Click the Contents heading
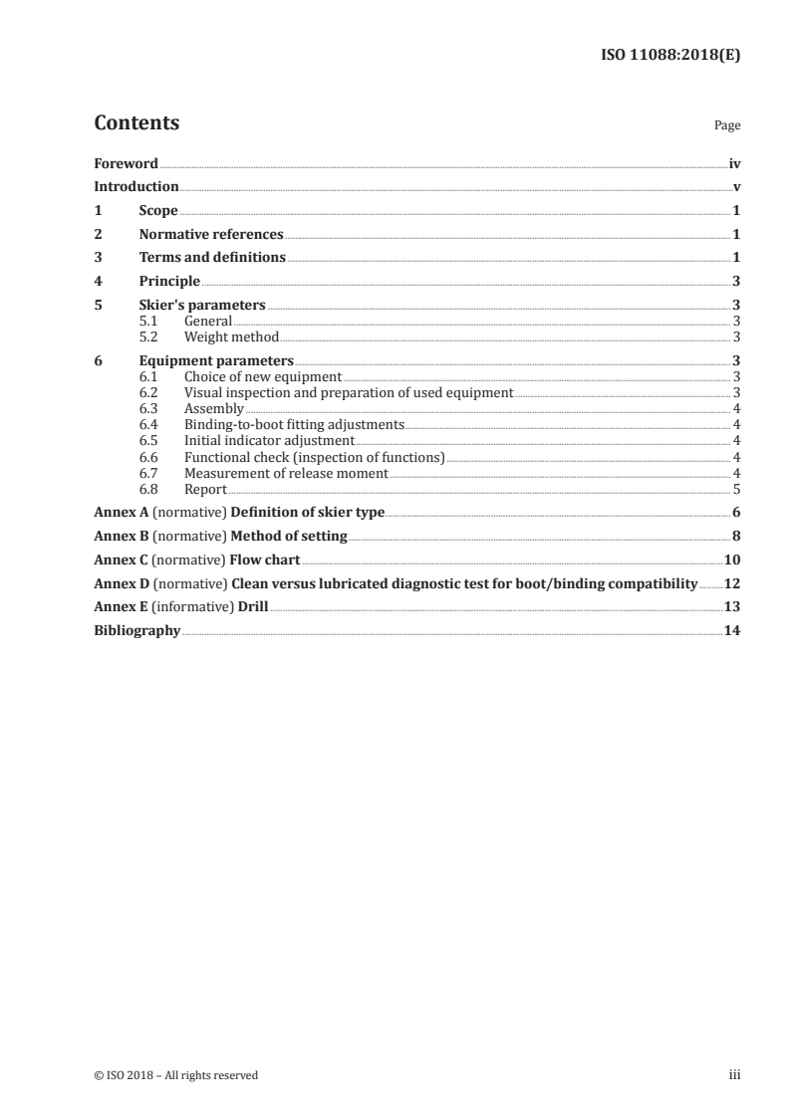pos(136,123)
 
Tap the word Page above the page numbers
pos(727,125)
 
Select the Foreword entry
pos(126,163)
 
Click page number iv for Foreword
pos(734,163)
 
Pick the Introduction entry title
pos(136,187)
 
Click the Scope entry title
pos(158,211)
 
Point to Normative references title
pos(211,235)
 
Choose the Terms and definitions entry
pos(212,259)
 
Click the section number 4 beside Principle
pos(98,282)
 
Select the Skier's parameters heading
pos(202,306)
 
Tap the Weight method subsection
pos(231,336)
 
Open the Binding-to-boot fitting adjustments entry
pos(294,424)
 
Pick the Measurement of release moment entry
pos(286,473)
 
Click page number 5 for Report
pos(736,489)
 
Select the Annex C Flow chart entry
pos(196,559)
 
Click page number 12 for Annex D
pos(732,583)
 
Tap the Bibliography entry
pos(137,630)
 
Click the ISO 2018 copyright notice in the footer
pos(176,1074)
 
